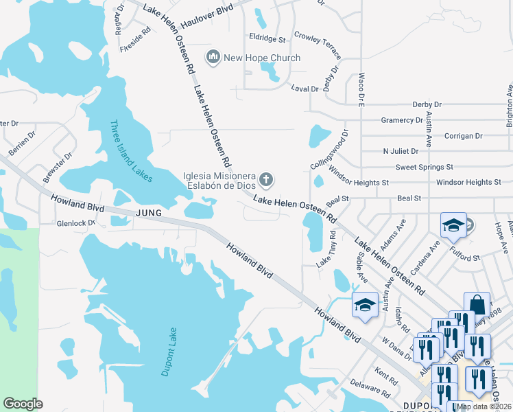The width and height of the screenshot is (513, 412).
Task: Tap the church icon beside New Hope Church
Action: (213, 56)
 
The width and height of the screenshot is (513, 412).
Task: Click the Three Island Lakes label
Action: (131, 151)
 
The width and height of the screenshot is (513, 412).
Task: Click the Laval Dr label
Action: (305, 89)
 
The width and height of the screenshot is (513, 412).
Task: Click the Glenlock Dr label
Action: (75, 223)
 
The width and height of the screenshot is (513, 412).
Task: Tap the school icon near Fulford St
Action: (453, 225)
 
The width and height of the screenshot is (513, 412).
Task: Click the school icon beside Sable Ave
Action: (365, 305)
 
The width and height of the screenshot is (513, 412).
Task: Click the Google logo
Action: (23, 404)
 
